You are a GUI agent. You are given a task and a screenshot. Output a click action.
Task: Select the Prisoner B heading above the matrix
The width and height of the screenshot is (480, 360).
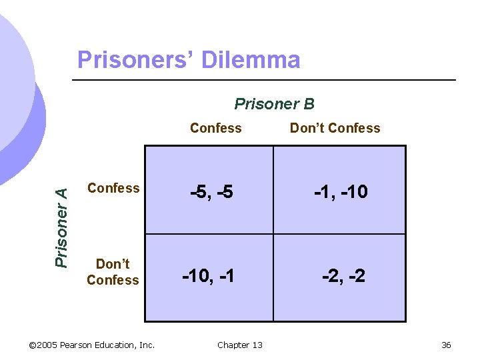pos(274,104)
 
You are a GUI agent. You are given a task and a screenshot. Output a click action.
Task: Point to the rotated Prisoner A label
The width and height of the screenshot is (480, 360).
pos(61,227)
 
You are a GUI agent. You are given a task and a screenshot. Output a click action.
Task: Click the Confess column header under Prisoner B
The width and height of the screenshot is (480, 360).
pos(215,128)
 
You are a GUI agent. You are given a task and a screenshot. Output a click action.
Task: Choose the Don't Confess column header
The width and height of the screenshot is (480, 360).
pos(335,128)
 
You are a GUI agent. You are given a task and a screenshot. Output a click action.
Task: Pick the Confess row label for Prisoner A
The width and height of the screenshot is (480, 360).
pos(113,188)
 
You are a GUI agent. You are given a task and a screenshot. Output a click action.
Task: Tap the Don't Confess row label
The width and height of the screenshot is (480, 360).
pos(113,272)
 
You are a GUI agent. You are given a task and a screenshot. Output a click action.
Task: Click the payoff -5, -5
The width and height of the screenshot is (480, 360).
pos(211,193)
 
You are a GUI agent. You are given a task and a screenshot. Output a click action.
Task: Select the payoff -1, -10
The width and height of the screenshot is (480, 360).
pos(341,192)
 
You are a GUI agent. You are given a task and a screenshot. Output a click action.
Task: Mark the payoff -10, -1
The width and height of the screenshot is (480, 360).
pos(209,275)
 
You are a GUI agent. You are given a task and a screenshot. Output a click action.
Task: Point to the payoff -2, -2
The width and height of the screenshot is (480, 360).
pos(343,275)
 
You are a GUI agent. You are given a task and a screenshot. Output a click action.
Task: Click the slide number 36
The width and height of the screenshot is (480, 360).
pos(446,345)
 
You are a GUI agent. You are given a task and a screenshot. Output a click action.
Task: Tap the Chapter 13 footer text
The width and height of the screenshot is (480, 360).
pos(239,345)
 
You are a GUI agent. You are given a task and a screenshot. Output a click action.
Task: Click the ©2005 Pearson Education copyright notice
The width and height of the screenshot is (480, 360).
pos(92,345)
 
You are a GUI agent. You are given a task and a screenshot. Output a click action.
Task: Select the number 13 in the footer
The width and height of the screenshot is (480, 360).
pos(257,345)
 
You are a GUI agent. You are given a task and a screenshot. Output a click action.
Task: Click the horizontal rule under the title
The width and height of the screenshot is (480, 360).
pos(263,80)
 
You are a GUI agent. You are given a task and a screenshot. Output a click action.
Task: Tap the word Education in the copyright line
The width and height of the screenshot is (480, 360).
pos(117,345)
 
